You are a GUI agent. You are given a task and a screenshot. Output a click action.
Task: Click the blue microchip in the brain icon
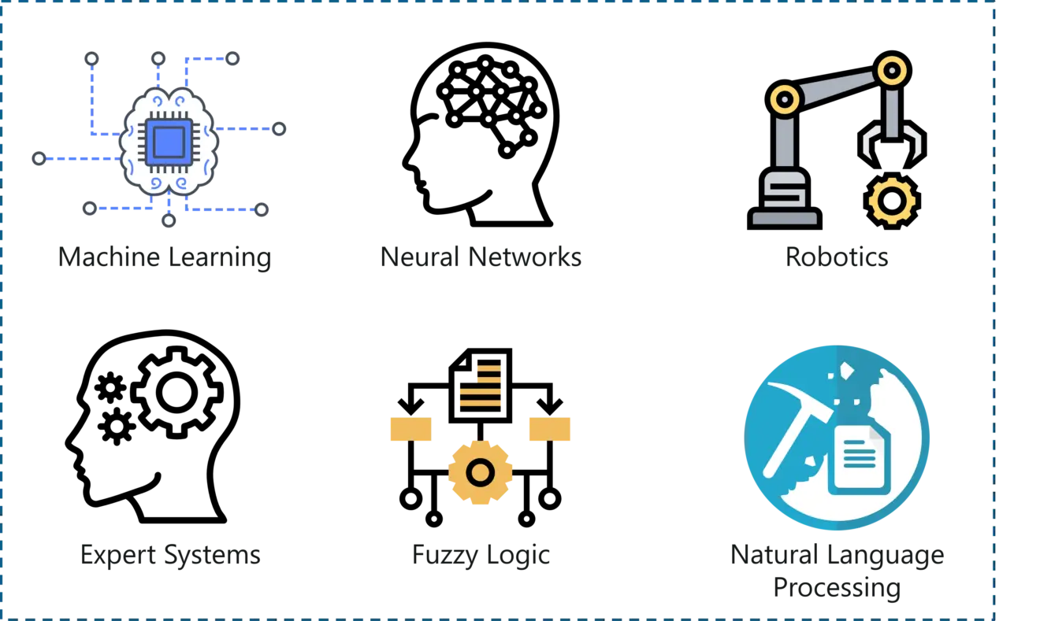[169, 142]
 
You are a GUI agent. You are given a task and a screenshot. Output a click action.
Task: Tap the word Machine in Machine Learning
[109, 257]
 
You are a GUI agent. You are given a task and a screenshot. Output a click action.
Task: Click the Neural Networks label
[481, 257]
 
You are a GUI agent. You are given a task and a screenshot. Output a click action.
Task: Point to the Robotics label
[837, 257]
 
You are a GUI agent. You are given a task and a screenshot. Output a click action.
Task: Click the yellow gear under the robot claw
[891, 201]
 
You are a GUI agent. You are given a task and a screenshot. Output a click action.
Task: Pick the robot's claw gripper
[892, 144]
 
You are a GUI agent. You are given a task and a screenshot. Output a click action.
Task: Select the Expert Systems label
[170, 555]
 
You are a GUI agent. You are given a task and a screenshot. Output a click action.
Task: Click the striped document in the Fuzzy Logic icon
[481, 386]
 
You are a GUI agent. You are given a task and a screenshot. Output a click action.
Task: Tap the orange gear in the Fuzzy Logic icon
[480, 472]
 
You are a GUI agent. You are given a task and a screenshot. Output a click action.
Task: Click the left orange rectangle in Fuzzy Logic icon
[411, 429]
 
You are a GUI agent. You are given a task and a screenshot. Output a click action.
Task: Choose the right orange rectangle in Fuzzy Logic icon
[550, 429]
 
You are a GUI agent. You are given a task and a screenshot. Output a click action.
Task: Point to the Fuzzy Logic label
[481, 555]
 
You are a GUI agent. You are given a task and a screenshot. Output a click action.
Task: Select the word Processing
[837, 588]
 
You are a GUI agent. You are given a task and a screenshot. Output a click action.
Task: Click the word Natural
[774, 555]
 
